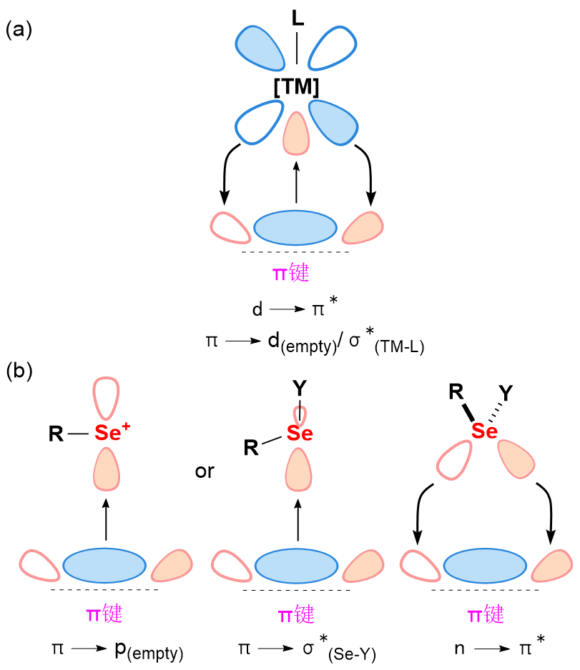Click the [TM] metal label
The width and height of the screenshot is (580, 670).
296,86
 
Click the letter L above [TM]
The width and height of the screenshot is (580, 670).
298,18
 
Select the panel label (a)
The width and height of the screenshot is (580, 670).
19,30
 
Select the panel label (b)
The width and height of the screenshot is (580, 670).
19,371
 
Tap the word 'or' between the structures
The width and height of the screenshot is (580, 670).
205,471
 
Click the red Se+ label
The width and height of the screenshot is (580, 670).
112,432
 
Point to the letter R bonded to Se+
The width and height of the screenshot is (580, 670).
56,434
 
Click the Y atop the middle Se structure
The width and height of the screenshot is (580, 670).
300,388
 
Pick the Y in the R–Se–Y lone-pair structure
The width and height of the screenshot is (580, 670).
506,393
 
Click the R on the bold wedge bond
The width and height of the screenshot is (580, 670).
456,391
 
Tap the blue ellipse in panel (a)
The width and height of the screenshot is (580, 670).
295,227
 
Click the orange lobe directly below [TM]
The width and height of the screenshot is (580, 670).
296,134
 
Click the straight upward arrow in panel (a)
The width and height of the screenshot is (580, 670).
296,182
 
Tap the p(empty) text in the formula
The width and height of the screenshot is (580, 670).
149,651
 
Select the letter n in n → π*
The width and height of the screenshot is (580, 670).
459,649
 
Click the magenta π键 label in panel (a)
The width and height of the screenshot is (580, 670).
291,272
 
